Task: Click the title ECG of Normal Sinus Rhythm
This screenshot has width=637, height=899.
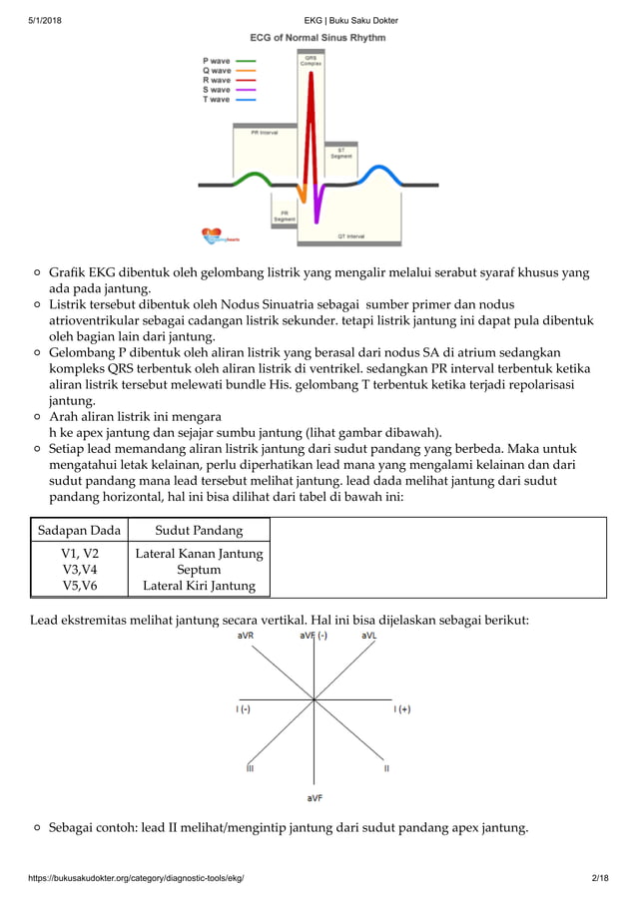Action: (x=318, y=38)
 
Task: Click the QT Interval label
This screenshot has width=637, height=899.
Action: (x=349, y=236)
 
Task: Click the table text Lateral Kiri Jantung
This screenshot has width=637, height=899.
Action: (x=200, y=586)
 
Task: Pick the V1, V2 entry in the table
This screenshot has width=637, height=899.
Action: (x=80, y=554)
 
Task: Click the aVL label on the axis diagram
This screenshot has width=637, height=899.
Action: (x=369, y=635)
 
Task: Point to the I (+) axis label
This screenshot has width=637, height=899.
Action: (x=401, y=708)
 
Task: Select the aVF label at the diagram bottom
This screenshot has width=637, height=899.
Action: (x=315, y=798)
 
